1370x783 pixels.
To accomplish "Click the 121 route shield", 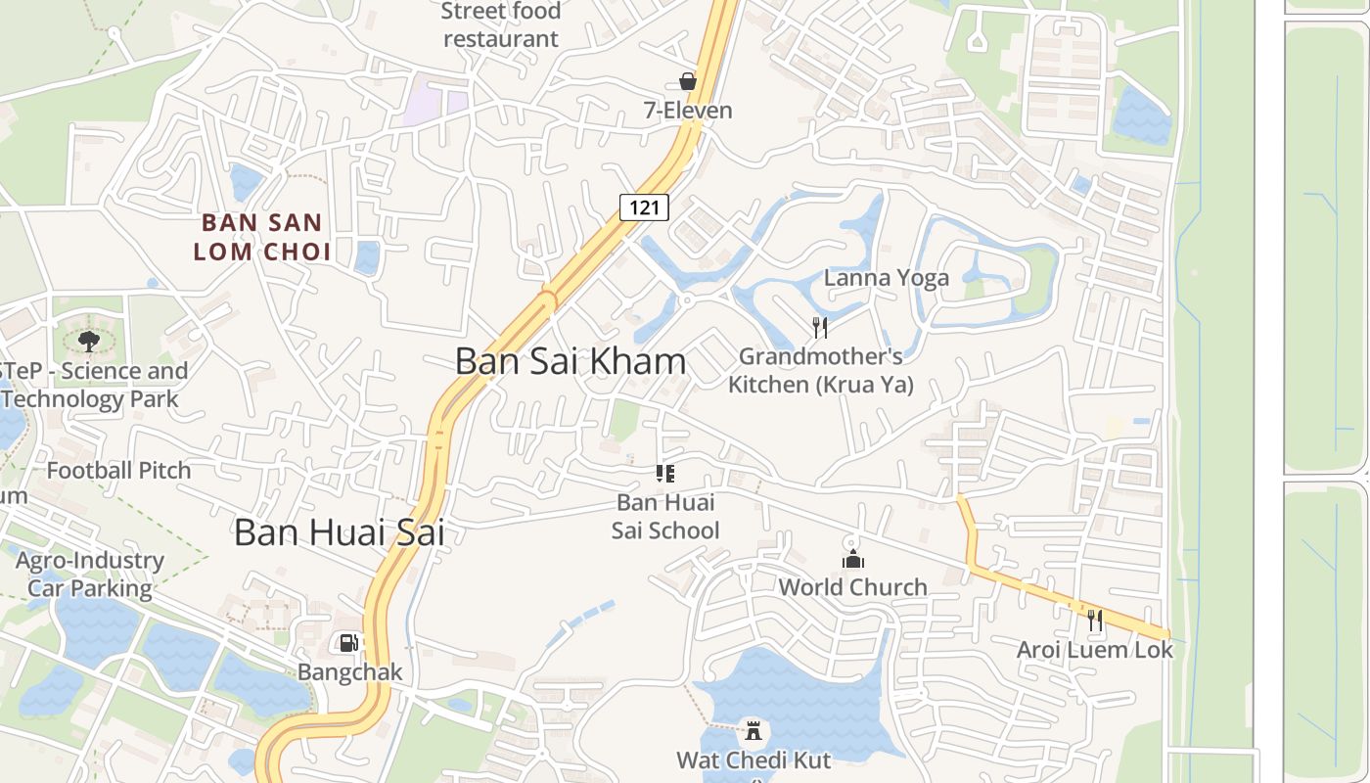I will (x=644, y=207).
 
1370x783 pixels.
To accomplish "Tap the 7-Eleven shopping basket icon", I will (x=688, y=81).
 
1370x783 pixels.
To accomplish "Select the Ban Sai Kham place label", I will (x=571, y=361).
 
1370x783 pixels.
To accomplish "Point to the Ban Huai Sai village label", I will (x=339, y=532).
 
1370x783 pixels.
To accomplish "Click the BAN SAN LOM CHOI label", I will (x=261, y=237).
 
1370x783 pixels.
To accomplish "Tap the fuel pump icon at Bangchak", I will (x=348, y=643).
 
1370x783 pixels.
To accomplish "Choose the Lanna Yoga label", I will (x=887, y=278).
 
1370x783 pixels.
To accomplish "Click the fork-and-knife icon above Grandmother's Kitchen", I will (x=820, y=327).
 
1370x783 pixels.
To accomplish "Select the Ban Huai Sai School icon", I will (x=665, y=475).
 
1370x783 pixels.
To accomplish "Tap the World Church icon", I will (x=853, y=559).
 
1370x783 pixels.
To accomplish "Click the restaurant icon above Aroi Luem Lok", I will (x=1094, y=620).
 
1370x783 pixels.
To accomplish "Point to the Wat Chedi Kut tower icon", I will (x=753, y=730).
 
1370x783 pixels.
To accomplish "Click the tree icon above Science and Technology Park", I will (x=89, y=341).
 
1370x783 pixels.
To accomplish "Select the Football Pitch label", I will (x=119, y=471).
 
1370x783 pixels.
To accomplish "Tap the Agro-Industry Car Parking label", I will (x=90, y=575).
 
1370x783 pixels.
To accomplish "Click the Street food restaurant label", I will (x=501, y=25).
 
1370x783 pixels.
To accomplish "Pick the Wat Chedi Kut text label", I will (x=753, y=760).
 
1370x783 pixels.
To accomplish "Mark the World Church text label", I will (x=853, y=587).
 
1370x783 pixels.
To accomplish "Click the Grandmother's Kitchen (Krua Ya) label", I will (x=820, y=370).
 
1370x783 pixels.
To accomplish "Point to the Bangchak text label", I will (x=349, y=672).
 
